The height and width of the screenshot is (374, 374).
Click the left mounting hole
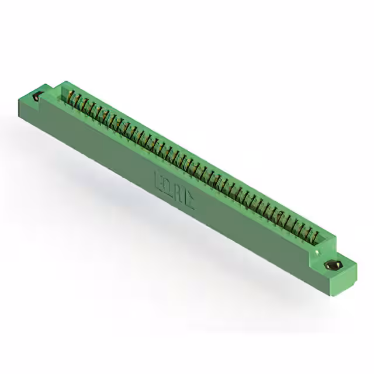pos(39,96)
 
